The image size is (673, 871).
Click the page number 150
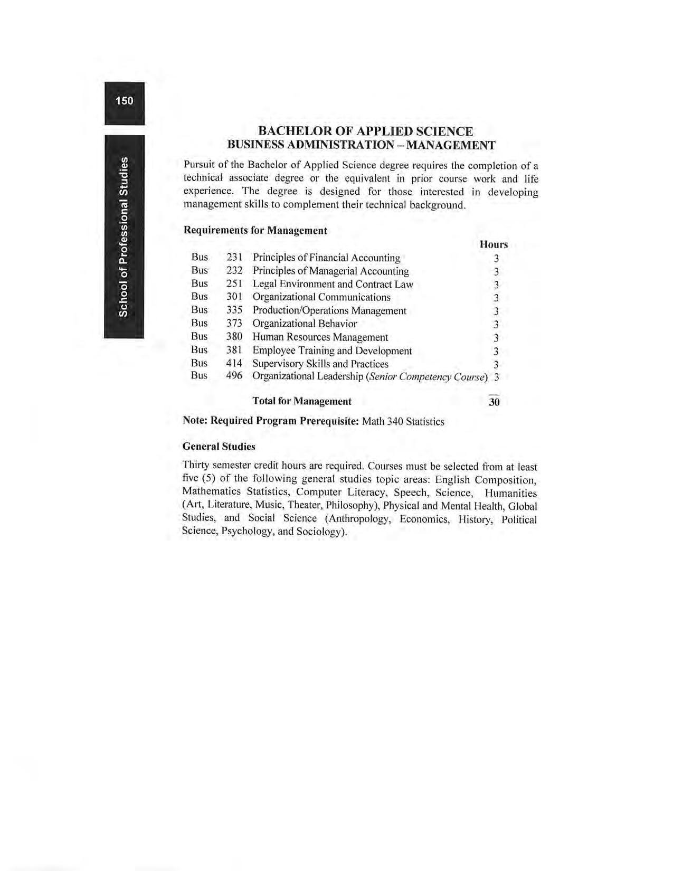pyautogui.click(x=124, y=100)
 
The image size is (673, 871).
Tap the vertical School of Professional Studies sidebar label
pyautogui.click(x=124, y=237)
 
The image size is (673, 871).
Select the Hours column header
pyautogui.click(x=494, y=244)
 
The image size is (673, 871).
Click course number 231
pyautogui.click(x=234, y=258)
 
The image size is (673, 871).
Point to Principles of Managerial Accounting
pyautogui.click(x=330, y=271)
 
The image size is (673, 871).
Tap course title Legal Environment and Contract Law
pyautogui.click(x=333, y=284)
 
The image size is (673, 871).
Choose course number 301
pyautogui.click(x=234, y=297)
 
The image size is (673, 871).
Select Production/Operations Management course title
pyautogui.click(x=329, y=310)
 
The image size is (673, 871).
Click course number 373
pyautogui.click(x=234, y=324)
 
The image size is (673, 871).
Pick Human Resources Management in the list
pyautogui.click(x=320, y=337)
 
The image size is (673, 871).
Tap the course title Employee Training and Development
pyautogui.click(x=332, y=351)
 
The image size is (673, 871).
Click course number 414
pyautogui.click(x=234, y=364)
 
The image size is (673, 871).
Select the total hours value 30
pyautogui.click(x=494, y=402)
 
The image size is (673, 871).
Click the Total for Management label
pyautogui.click(x=302, y=401)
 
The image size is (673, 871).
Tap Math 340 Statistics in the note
pyautogui.click(x=403, y=421)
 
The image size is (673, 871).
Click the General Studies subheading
pyautogui.click(x=219, y=447)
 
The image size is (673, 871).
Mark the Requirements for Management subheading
pyautogui.click(x=255, y=231)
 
